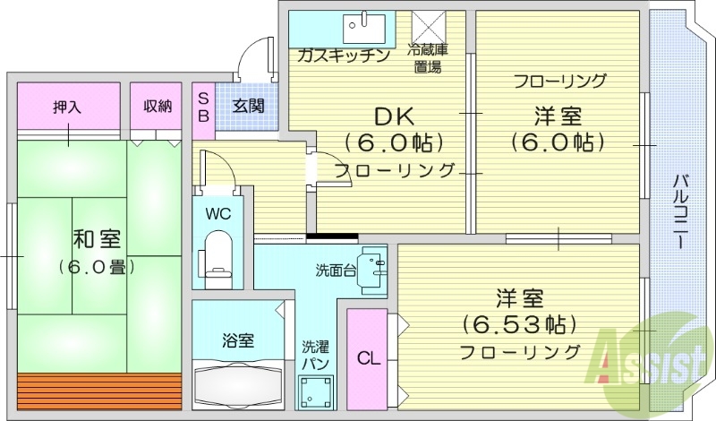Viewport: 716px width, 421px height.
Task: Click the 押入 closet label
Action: pos(67,107)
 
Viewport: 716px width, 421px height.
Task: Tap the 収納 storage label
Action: pos(158,107)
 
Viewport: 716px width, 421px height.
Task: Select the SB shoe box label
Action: pos(203,107)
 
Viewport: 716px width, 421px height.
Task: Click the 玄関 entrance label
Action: pos(249,107)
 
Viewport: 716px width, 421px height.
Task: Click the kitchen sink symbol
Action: pos(364,29)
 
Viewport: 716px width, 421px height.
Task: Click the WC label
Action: pos(219,213)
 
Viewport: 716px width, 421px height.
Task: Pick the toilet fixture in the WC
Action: pos(218,254)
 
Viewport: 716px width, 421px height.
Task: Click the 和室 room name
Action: pos(98,239)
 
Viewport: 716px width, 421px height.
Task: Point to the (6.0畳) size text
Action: pos(98,266)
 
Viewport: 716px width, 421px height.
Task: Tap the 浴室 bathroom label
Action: pos(238,340)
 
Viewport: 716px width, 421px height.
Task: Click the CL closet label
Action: pos(369,359)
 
